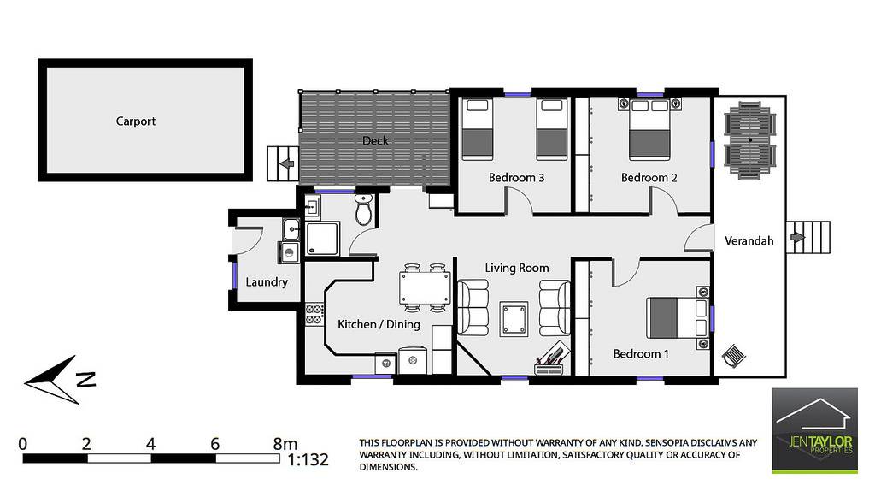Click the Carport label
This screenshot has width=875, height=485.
(x=136, y=121)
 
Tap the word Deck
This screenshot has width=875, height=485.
(x=375, y=140)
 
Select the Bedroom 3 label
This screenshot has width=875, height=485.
(x=516, y=178)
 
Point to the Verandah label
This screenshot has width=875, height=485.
(x=749, y=241)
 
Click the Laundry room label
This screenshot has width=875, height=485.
(x=267, y=282)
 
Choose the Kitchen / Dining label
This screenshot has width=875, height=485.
(x=379, y=324)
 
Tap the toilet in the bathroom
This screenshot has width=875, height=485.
(x=363, y=210)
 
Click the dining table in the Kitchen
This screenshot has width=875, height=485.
(x=426, y=287)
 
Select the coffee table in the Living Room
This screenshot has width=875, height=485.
(x=514, y=319)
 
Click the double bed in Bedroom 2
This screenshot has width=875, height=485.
(x=649, y=129)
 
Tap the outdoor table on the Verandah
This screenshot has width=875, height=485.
(x=750, y=139)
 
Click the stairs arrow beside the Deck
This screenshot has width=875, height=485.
(x=287, y=163)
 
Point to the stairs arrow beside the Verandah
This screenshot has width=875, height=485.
(x=798, y=238)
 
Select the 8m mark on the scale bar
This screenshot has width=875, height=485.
(x=285, y=444)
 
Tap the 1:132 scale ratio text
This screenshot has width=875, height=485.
(x=308, y=460)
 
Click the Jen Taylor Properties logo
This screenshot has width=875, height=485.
(x=814, y=430)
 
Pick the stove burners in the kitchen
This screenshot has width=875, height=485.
(x=314, y=314)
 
